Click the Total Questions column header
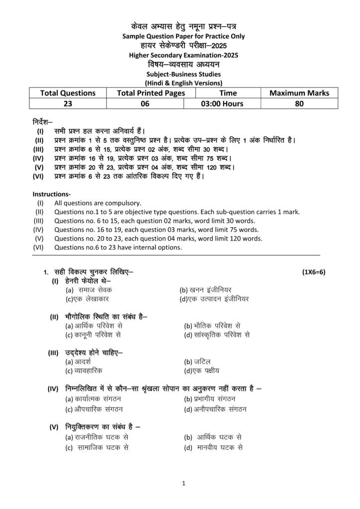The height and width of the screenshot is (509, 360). [x=68, y=92]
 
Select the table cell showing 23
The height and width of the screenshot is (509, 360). [x=68, y=104]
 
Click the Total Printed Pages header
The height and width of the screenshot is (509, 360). [x=151, y=92]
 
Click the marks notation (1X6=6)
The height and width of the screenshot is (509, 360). [x=313, y=272]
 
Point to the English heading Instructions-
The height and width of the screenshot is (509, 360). [x=52, y=194]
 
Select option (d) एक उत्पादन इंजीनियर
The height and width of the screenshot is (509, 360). [x=214, y=299]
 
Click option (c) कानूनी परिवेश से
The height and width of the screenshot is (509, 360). [x=93, y=335]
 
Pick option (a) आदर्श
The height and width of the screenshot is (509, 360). [x=80, y=361]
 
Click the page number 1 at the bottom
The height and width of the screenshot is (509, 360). [x=183, y=483]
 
